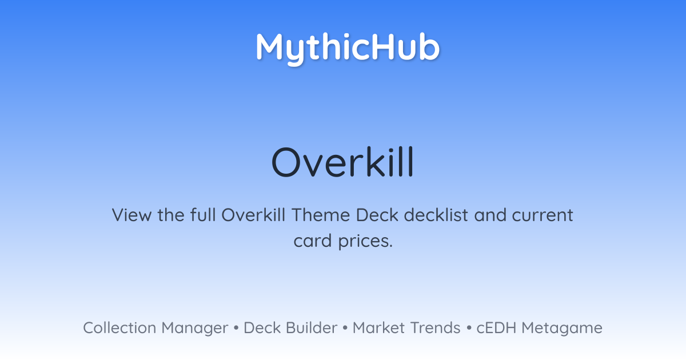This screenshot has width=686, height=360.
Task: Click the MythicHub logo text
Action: [x=348, y=49]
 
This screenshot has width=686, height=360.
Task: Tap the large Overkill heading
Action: [x=342, y=162]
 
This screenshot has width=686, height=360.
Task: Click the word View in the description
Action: [x=131, y=215]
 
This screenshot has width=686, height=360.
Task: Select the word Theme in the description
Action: [x=321, y=215]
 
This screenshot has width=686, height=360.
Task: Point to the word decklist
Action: [x=436, y=215]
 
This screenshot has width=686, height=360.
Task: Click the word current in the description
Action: [x=543, y=215]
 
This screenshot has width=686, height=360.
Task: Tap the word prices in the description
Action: [x=365, y=242]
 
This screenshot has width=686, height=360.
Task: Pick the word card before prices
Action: [x=313, y=241]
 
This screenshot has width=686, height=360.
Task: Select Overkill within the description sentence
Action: [x=253, y=215]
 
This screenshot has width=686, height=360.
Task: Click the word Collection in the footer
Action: [x=119, y=328]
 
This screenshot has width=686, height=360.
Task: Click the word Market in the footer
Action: [x=379, y=328]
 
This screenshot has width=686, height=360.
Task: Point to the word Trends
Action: [x=435, y=328]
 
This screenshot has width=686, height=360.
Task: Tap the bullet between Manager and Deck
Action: [x=236, y=328]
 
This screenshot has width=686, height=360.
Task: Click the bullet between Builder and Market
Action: [x=345, y=328]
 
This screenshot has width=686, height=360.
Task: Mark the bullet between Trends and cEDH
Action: [x=469, y=328]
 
